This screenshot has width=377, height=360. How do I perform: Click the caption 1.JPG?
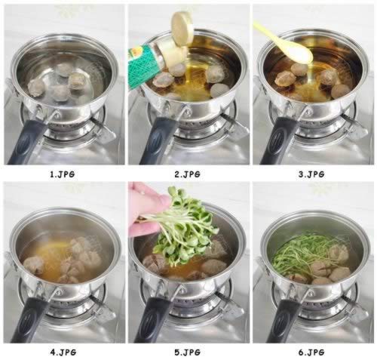tap(63, 174)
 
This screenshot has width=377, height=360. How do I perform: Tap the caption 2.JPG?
tap(188, 174)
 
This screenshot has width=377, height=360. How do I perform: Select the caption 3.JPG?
tap(311, 174)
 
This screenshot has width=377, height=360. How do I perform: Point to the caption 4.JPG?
tap(63, 352)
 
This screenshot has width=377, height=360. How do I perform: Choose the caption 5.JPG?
tap(188, 352)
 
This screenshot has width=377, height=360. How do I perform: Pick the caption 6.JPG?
tap(311, 352)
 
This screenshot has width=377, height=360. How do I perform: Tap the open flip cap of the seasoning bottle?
tap(182, 28)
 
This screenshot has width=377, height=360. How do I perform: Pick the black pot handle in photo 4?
tap(29, 319)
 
